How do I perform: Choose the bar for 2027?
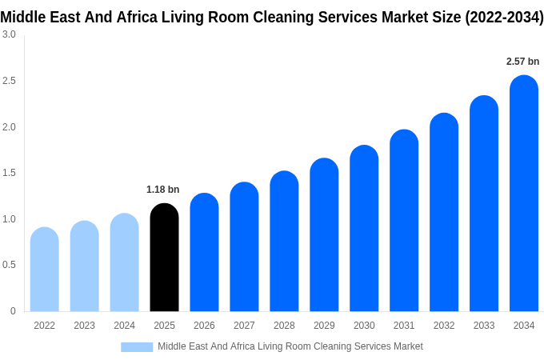[x=244, y=247]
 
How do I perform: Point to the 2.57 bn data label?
[x=522, y=62]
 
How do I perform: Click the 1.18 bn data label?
[x=162, y=190]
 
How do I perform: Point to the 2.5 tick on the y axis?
[x=9, y=81]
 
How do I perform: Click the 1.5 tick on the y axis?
[x=9, y=173]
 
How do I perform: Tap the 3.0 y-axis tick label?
[x=9, y=34]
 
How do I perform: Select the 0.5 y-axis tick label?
[x=9, y=265]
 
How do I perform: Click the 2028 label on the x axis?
[x=284, y=326]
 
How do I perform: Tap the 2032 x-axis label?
[x=444, y=326]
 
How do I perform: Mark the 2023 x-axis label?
[x=84, y=326]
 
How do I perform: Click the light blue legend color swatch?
[x=137, y=347]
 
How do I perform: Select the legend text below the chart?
[x=290, y=346]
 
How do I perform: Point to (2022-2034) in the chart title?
[x=504, y=17]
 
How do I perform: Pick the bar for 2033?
[x=484, y=204]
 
